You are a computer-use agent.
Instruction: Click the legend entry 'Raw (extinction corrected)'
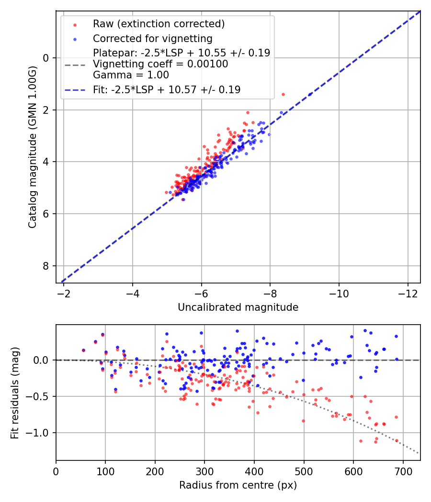pos(159,24)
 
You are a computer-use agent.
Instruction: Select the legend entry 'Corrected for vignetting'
pos(153,38)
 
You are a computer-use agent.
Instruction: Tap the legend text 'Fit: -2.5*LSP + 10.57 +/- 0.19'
pos(167,89)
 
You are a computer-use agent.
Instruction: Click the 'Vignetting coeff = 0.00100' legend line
pos(160,64)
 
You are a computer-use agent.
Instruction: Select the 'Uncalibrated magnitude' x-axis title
pos(238,307)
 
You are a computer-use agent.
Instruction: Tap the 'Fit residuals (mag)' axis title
pos(15,393)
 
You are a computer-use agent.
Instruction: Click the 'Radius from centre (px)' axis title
pos(238,485)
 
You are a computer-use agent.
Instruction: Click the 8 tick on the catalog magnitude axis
pos(46,266)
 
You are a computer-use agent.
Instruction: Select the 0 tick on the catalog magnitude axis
pos(46,58)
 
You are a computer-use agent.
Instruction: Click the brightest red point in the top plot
pos(283,94)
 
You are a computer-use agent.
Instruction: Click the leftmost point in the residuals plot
pos(83,350)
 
